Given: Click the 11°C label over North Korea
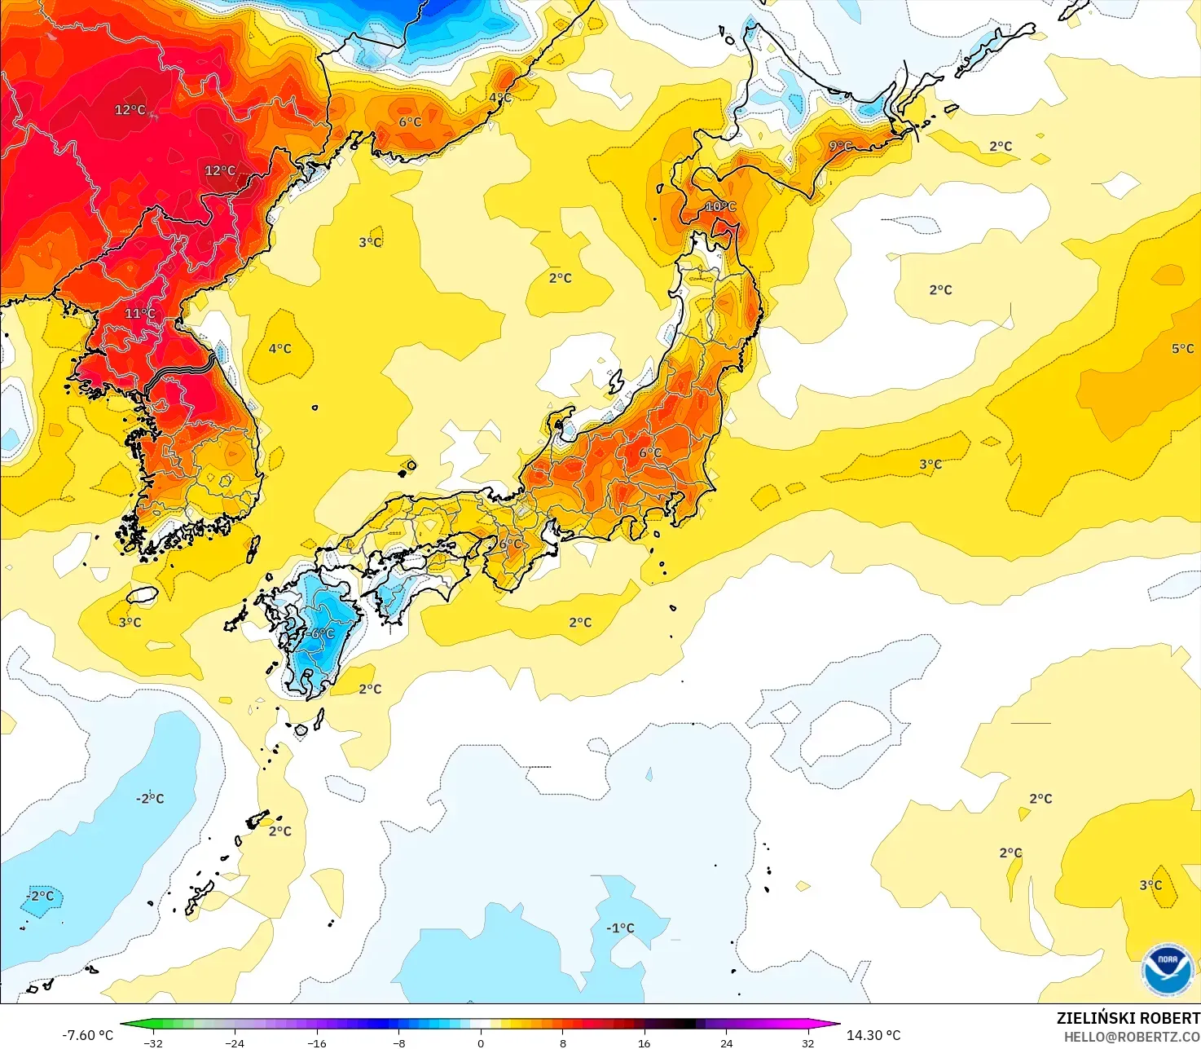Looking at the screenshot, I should pos(140,314).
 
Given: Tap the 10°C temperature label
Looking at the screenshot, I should pos(720,207).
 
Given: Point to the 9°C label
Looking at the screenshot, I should pos(841,147).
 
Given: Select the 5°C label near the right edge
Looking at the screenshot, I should pos(1182,349).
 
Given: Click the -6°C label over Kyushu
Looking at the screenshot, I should pos(321,634).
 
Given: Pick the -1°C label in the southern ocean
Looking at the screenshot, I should pos(620,928).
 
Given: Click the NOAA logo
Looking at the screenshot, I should pos(1167,969).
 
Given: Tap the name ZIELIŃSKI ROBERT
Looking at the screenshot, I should pos(1128,1018).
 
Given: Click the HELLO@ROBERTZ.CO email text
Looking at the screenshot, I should pos(1132,1037).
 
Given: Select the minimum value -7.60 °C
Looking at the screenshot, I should pos(87,1035).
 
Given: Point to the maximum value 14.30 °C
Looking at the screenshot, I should pos(873,1035).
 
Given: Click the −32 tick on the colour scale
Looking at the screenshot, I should pos(153,1043).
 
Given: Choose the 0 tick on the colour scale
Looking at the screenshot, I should pos(481,1043).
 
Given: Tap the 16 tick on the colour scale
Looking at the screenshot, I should pos(644,1043).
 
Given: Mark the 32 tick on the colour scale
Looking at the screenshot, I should pos(807,1043).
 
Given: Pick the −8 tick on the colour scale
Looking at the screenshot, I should pos(398,1043).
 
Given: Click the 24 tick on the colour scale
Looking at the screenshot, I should pos(726,1043).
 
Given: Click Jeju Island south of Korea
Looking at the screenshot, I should pos(142,595).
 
